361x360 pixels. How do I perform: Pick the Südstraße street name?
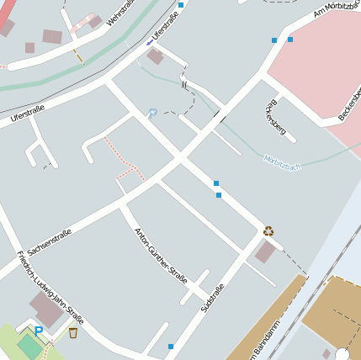click(x=213, y=299)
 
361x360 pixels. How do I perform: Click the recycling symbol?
click(x=268, y=230)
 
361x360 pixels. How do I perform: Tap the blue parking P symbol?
click(x=38, y=332)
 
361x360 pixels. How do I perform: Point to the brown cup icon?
click(x=73, y=333)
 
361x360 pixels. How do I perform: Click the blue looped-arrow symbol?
click(x=151, y=113)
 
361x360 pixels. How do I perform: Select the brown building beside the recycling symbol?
click(x=266, y=251)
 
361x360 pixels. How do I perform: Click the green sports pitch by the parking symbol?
click(x=30, y=345)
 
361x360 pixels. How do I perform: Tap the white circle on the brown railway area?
click(x=342, y=353)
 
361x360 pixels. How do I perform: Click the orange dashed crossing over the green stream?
click(x=77, y=56)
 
